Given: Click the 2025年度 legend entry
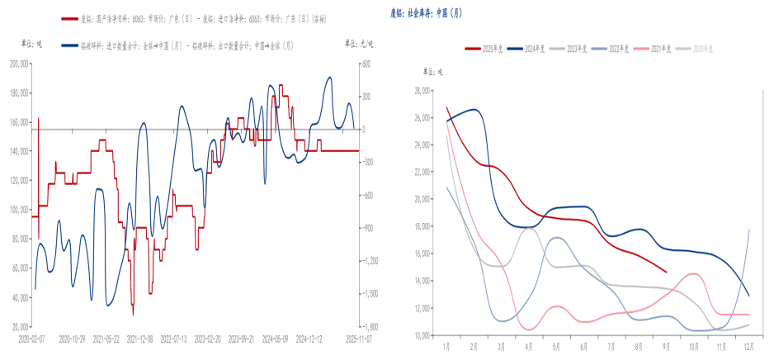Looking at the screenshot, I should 492,49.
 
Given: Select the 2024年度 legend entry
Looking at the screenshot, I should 534,49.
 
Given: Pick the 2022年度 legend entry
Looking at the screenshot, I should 618,49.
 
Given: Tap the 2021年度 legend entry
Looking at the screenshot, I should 660,49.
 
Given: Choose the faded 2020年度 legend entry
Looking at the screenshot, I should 702,49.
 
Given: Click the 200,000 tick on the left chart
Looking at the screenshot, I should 18,63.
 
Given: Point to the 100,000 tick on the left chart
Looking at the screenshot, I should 18,210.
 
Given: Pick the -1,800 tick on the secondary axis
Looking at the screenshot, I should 369,326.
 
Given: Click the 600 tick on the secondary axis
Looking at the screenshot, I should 365,63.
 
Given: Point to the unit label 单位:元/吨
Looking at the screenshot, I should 359,42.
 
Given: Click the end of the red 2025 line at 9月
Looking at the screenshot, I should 666,271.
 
